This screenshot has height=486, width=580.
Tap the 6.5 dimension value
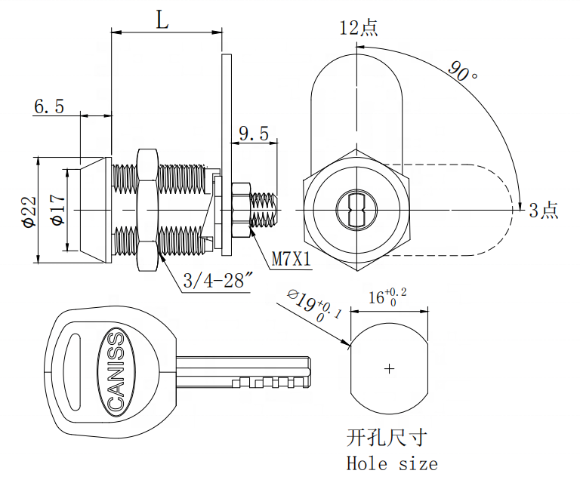(49, 106)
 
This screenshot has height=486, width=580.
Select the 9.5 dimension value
(255, 134)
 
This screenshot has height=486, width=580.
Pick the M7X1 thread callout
(292, 258)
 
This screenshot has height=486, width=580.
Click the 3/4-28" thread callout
(217, 281)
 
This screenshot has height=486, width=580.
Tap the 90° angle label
(462, 72)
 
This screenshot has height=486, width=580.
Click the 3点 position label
(543, 211)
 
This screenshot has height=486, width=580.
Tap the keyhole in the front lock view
(357, 208)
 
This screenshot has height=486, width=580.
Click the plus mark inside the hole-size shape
(390, 369)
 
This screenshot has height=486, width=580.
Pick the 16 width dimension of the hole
(387, 297)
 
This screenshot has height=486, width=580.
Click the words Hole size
(391, 463)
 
